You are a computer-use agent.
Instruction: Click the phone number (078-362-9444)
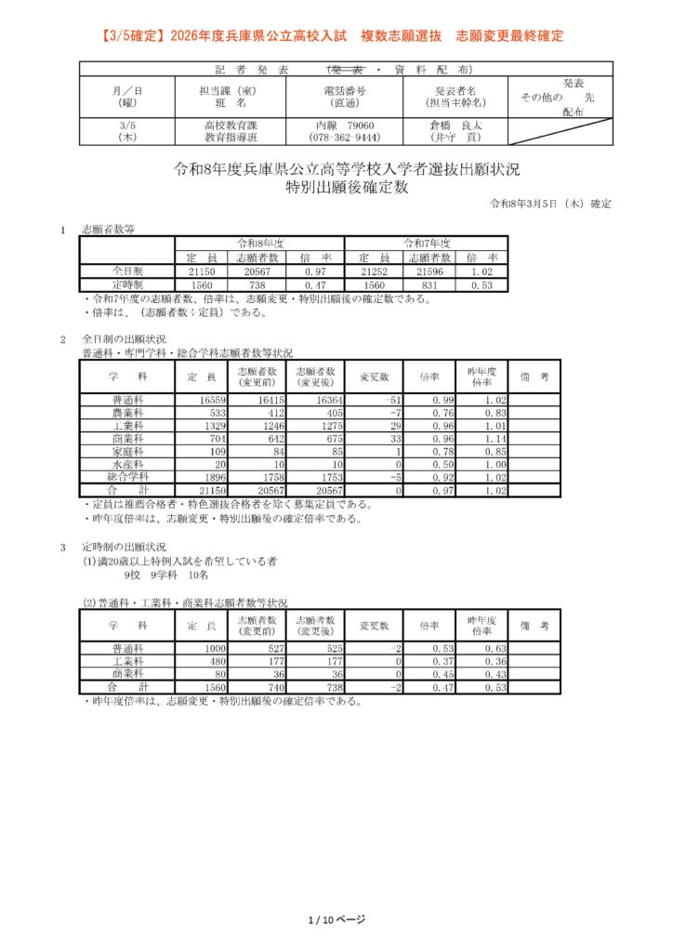(x=345, y=137)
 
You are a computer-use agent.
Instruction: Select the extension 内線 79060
(x=345, y=124)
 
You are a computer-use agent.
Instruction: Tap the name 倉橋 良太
(x=455, y=124)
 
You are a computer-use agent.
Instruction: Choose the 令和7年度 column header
(x=427, y=242)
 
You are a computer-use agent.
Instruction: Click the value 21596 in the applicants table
(x=427, y=271)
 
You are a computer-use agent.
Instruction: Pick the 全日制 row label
(x=126, y=271)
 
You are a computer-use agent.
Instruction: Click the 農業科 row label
(x=127, y=412)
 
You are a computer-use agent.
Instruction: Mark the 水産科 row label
(x=127, y=463)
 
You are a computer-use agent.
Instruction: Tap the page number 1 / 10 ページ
(x=336, y=919)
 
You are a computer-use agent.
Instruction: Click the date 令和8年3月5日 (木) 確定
(x=550, y=204)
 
